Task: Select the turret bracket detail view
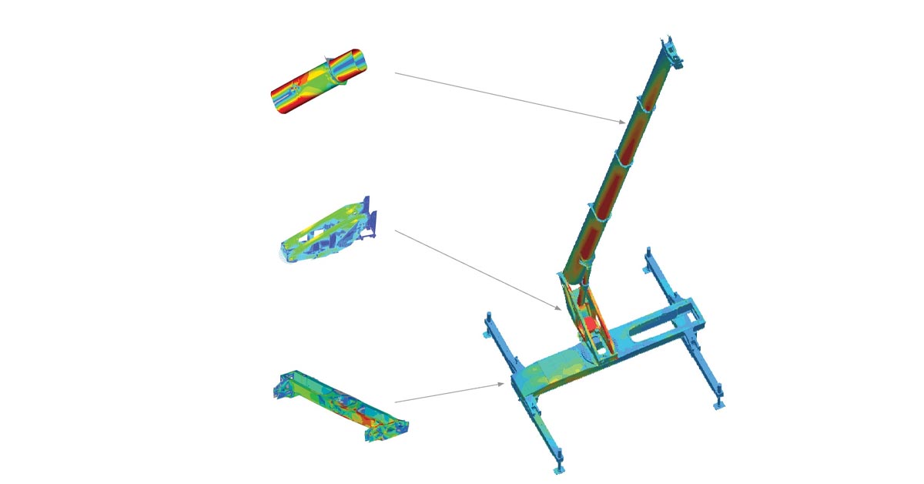[x=327, y=231]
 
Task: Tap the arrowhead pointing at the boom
[x=623, y=122]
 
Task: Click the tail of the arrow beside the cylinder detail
[x=396, y=73]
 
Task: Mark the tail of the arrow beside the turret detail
[x=396, y=230]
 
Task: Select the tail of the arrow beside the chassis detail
[x=396, y=402]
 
